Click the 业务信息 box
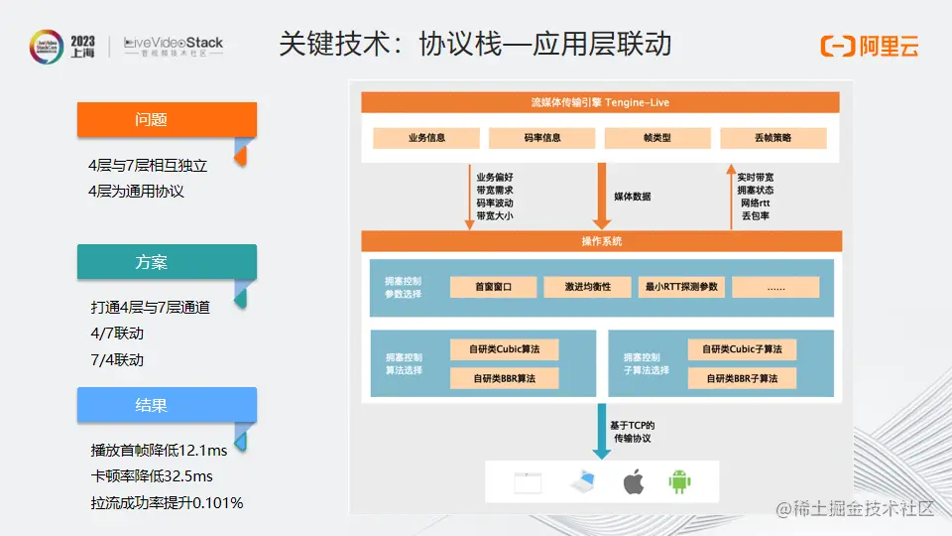[426, 138]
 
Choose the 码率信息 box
[542, 138]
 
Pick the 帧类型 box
[657, 138]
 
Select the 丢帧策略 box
[773, 138]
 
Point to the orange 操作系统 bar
[601, 241]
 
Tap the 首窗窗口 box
[493, 287]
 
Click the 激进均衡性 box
[587, 287]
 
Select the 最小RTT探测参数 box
[682, 287]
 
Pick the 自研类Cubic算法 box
[504, 349]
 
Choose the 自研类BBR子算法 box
[742, 378]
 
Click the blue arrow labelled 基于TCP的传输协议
[601, 429]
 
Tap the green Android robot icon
[679, 483]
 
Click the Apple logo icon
[633, 483]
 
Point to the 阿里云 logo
[870, 46]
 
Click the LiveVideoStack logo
[174, 47]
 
